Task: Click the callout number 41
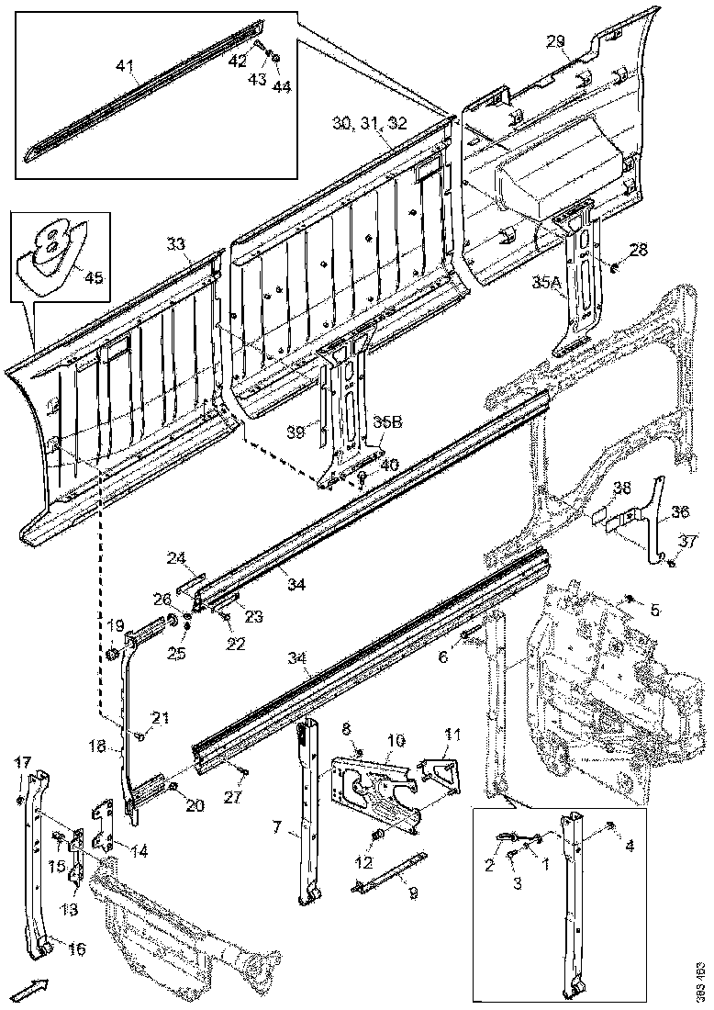[125, 65]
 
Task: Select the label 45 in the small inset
[93, 278]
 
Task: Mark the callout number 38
[622, 487]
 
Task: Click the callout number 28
[638, 250]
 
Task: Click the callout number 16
[77, 948]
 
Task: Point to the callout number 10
[395, 739]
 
